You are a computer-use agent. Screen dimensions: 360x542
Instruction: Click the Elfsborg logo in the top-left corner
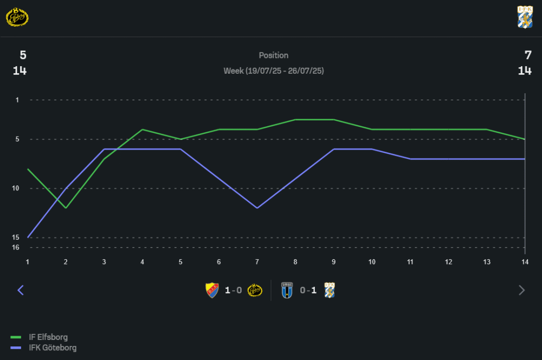17,17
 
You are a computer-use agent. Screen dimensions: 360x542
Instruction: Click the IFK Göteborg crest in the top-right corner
525,17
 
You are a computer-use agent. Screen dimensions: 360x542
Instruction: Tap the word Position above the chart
274,55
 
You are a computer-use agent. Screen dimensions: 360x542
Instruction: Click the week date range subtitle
274,71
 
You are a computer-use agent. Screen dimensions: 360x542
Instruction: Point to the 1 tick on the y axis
17,100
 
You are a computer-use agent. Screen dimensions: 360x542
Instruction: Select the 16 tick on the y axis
16,247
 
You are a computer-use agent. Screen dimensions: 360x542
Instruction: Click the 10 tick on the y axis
16,188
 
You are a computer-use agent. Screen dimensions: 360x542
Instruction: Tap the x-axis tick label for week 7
257,262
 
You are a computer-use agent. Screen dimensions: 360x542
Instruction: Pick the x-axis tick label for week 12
448,262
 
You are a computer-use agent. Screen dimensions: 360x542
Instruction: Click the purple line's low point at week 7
257,208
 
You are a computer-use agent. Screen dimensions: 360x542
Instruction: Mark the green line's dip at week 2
66,208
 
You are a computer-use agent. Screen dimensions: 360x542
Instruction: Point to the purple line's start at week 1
28,237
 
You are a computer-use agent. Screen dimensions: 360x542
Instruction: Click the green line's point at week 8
295,119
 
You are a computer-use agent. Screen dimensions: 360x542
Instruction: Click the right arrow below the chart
521,290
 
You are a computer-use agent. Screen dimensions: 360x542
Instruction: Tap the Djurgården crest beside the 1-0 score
212,290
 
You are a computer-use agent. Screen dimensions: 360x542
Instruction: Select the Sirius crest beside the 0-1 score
287,290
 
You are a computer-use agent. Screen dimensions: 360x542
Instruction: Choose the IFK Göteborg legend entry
52,348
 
